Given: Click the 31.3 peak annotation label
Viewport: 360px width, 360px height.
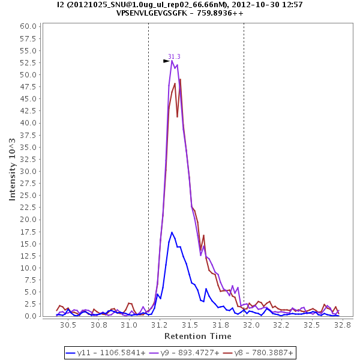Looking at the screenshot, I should coord(174,56).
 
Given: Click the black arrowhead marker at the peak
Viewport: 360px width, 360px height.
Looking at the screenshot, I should coord(166,61).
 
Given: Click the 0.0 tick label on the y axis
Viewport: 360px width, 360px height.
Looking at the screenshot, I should coord(31,316).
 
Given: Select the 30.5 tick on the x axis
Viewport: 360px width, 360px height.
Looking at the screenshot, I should coord(68,325).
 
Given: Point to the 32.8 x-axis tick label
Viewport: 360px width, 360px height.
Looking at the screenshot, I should coord(342,325).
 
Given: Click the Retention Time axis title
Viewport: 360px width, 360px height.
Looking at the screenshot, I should coord(198,336).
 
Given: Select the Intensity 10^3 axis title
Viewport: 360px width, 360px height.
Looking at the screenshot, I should coord(13,170).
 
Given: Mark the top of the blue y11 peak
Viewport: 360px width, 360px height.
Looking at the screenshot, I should coord(172,232).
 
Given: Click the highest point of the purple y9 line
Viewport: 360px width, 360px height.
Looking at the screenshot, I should coord(172,61).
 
